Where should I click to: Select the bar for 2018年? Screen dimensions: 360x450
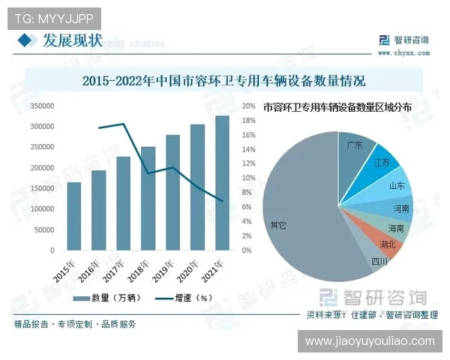click(x=148, y=198)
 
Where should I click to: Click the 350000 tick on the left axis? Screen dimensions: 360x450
click(x=42, y=106)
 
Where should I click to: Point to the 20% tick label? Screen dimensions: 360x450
click(x=250, y=106)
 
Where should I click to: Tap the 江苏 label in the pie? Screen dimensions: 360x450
click(x=382, y=163)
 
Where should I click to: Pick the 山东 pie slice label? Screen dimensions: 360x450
click(x=397, y=185)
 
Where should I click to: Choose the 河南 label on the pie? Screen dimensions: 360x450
click(x=401, y=208)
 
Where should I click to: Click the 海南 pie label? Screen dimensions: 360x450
click(x=396, y=227)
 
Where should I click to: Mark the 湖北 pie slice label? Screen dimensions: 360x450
click(x=388, y=244)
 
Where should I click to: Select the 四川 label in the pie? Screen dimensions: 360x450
click(x=379, y=261)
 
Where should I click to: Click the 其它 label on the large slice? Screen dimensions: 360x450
click(x=278, y=223)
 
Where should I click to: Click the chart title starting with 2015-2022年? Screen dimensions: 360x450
click(x=224, y=79)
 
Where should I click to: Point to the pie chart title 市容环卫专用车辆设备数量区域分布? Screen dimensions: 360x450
click(x=337, y=107)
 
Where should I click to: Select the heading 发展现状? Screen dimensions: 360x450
click(x=72, y=39)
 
